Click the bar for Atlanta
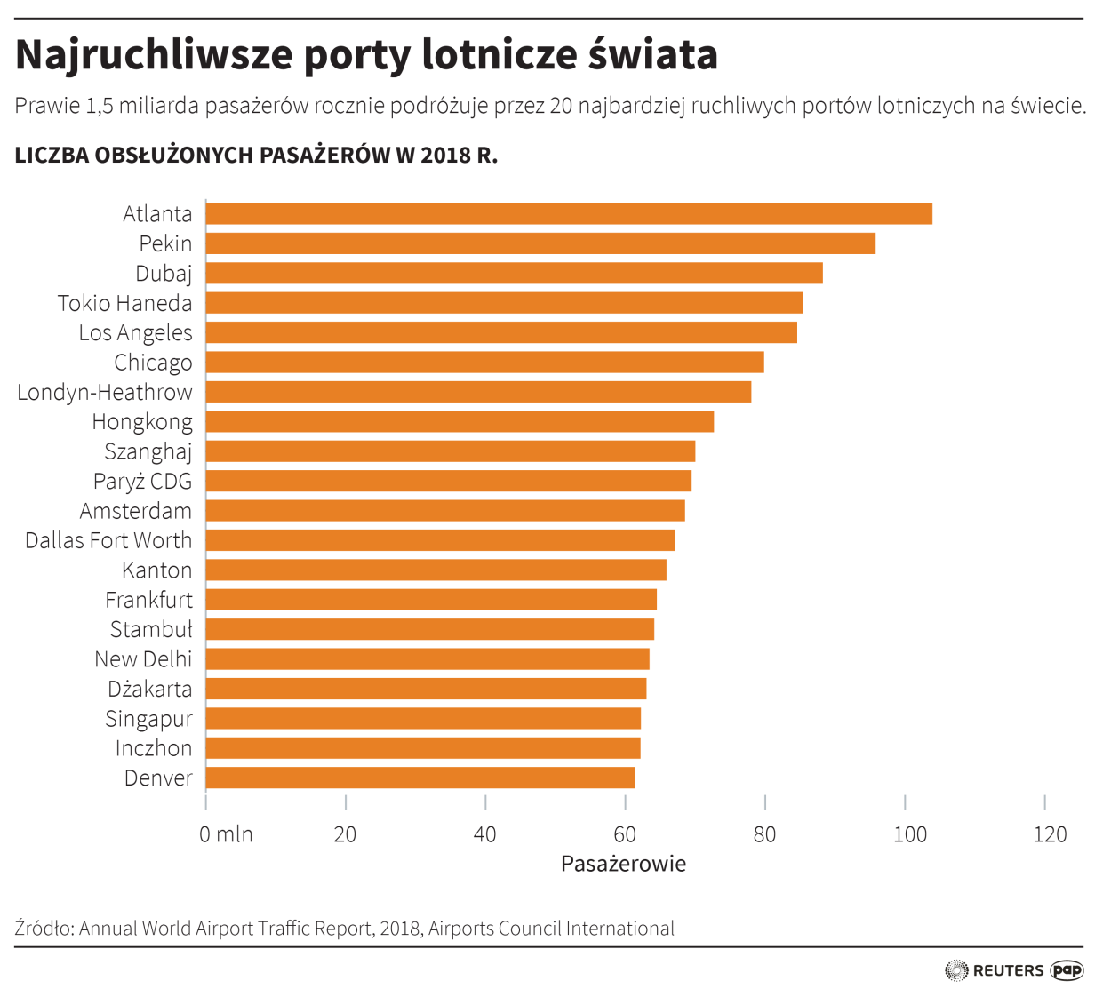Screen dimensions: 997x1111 pos(569,213)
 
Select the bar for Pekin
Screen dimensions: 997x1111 pos(540,243)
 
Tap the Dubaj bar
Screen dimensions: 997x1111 pos(514,273)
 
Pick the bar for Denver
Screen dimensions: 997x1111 pos(420,778)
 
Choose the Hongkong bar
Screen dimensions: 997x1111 pos(460,421)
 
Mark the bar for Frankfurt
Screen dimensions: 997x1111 pos(431,600)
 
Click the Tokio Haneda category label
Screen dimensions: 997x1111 pos(125,303)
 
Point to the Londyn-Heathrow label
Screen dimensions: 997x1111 pos(105,392)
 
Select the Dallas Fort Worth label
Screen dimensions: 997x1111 pos(108,540)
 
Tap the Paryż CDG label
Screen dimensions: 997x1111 pos(143,481)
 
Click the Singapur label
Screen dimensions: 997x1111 pos(148,718)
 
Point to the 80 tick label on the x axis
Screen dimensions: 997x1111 pos(764,834)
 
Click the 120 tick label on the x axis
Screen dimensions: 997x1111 pos(1050,834)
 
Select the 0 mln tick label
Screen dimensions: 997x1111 pos(226,834)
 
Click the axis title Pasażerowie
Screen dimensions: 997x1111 pos(623,864)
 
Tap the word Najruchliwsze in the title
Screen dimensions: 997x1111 pos(153,55)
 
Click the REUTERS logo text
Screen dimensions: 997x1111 pos(1008,970)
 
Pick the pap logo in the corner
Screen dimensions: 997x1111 pos(1067,970)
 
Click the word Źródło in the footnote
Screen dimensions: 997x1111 pos(44,929)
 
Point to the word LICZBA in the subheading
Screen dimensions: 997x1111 pos(52,156)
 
